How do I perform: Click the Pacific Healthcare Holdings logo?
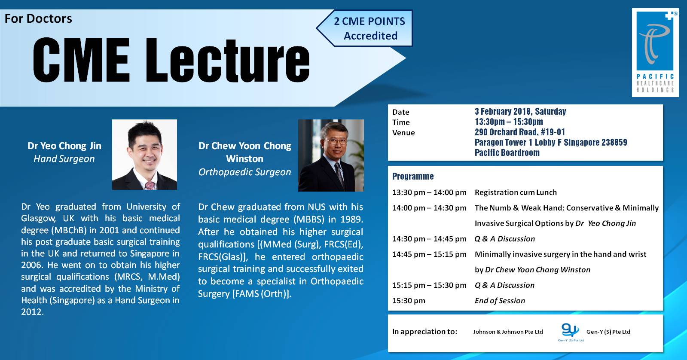click(x=655, y=52)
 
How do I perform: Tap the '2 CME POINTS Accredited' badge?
click(x=369, y=28)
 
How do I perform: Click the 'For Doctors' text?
click(x=38, y=18)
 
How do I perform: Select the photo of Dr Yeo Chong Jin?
click(x=144, y=155)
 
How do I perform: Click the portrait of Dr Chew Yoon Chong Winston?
click(x=331, y=156)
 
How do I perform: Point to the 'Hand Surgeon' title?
click(x=64, y=159)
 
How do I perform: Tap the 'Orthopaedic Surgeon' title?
click(x=244, y=172)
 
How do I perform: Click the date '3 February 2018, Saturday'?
click(x=520, y=112)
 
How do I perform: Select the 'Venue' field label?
click(x=403, y=133)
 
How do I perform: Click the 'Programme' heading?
click(x=413, y=176)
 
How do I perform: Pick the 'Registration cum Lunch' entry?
click(x=516, y=192)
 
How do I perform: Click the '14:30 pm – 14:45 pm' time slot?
click(x=429, y=239)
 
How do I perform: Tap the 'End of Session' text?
click(x=500, y=301)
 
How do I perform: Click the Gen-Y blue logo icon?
click(x=570, y=330)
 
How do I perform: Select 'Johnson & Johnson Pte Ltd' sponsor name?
click(x=508, y=332)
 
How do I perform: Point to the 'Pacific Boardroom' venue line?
click(x=507, y=153)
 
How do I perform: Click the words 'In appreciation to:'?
click(x=424, y=332)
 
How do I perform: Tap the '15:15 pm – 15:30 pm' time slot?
click(x=429, y=285)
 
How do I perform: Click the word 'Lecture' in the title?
click(x=228, y=60)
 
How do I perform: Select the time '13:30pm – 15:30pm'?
click(x=509, y=122)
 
